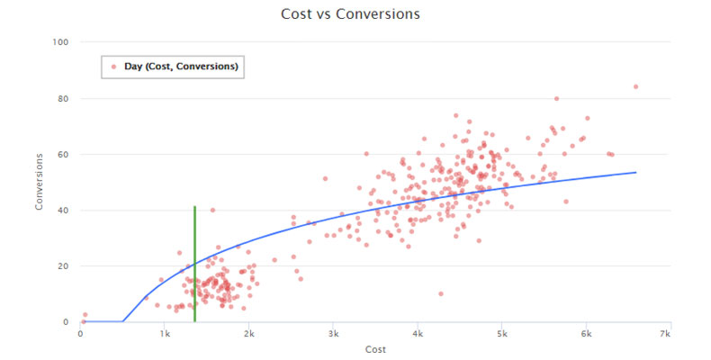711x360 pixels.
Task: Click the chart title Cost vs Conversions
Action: pos(355,14)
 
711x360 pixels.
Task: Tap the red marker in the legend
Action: pos(113,66)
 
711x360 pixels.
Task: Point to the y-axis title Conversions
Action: pos(40,182)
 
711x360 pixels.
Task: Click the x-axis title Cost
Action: pos(375,348)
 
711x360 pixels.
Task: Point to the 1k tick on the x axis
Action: pos(165,334)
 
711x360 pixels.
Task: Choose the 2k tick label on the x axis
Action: pos(248,334)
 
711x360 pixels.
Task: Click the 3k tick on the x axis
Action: pos(333,334)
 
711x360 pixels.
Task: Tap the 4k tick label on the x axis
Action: pos(417,334)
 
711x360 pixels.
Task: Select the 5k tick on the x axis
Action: pos(501,334)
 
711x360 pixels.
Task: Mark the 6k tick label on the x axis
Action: pos(585,334)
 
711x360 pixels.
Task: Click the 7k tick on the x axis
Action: pos(665,334)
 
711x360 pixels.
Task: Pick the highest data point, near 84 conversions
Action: pos(635,86)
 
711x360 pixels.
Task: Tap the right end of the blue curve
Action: pos(636,172)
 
